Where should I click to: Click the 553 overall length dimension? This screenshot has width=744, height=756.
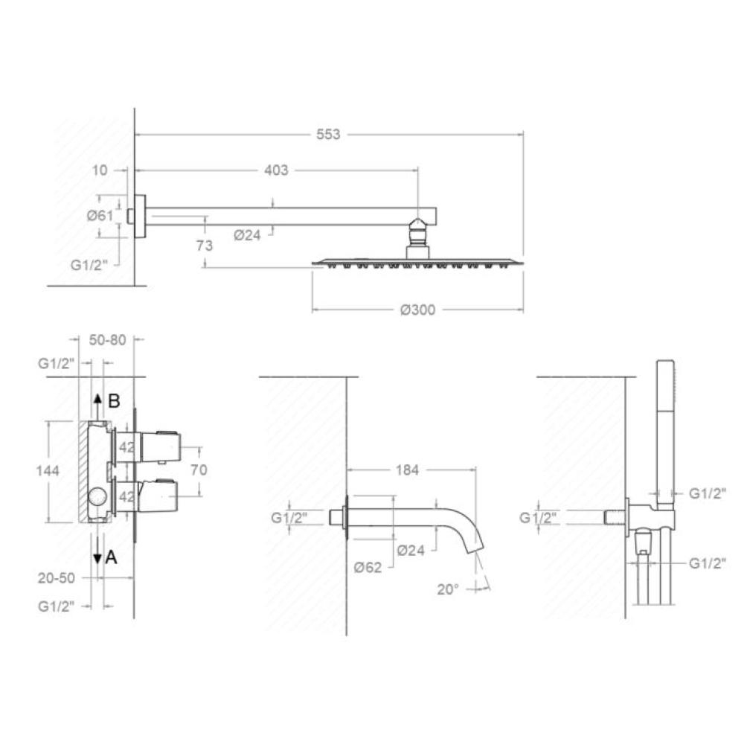click(328, 134)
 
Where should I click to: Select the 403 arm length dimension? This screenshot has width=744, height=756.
click(276, 170)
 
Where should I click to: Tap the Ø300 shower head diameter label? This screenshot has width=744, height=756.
click(417, 310)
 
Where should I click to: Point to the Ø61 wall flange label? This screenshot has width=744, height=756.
click(100, 215)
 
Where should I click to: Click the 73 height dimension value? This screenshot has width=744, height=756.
click(205, 246)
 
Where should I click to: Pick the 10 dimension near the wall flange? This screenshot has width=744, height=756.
click(100, 170)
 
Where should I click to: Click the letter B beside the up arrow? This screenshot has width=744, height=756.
click(114, 400)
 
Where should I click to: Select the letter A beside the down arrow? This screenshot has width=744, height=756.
click(111, 557)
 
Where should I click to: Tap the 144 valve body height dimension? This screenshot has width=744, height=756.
click(48, 470)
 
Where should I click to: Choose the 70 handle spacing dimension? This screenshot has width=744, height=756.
click(199, 469)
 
